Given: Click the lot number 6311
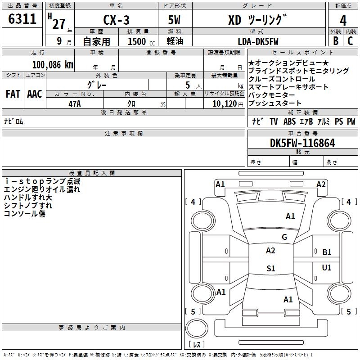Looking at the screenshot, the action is [x=22, y=19].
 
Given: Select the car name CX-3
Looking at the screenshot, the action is [x=116, y=20].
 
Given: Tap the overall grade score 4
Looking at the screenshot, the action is [x=343, y=21].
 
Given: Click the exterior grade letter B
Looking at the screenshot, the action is [x=336, y=41].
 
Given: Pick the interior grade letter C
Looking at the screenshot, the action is [x=350, y=41].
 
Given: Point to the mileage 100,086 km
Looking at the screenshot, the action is [x=53, y=65].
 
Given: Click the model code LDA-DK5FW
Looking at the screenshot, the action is [x=258, y=41].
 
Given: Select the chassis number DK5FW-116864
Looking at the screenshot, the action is [x=302, y=143].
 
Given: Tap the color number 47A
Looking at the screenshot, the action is [x=75, y=104].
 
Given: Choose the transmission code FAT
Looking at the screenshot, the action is [x=13, y=94].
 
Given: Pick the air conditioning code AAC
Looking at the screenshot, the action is [x=35, y=94].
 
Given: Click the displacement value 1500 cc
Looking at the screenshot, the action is [x=141, y=41].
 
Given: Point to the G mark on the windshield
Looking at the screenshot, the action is [x=284, y=237].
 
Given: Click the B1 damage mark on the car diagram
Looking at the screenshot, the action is [x=327, y=252].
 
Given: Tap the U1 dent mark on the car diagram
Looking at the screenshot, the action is [x=327, y=267].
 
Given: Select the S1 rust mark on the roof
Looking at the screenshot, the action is [x=271, y=268].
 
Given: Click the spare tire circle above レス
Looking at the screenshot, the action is [x=197, y=328].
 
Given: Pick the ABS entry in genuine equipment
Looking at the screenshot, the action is [x=289, y=121].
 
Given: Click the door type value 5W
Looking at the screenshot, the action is [x=174, y=20].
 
